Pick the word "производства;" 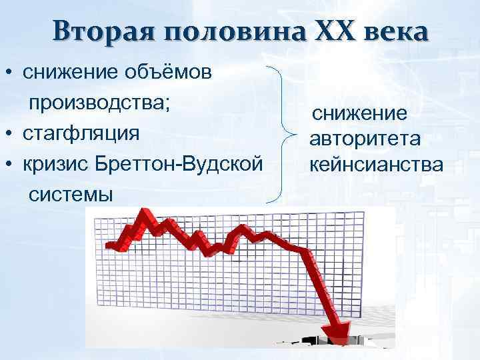point(99,102)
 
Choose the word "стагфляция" point(81,132)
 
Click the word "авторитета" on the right point(363,139)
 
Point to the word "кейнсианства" point(374,163)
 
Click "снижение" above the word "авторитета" point(360,114)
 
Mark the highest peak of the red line point(142,215)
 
